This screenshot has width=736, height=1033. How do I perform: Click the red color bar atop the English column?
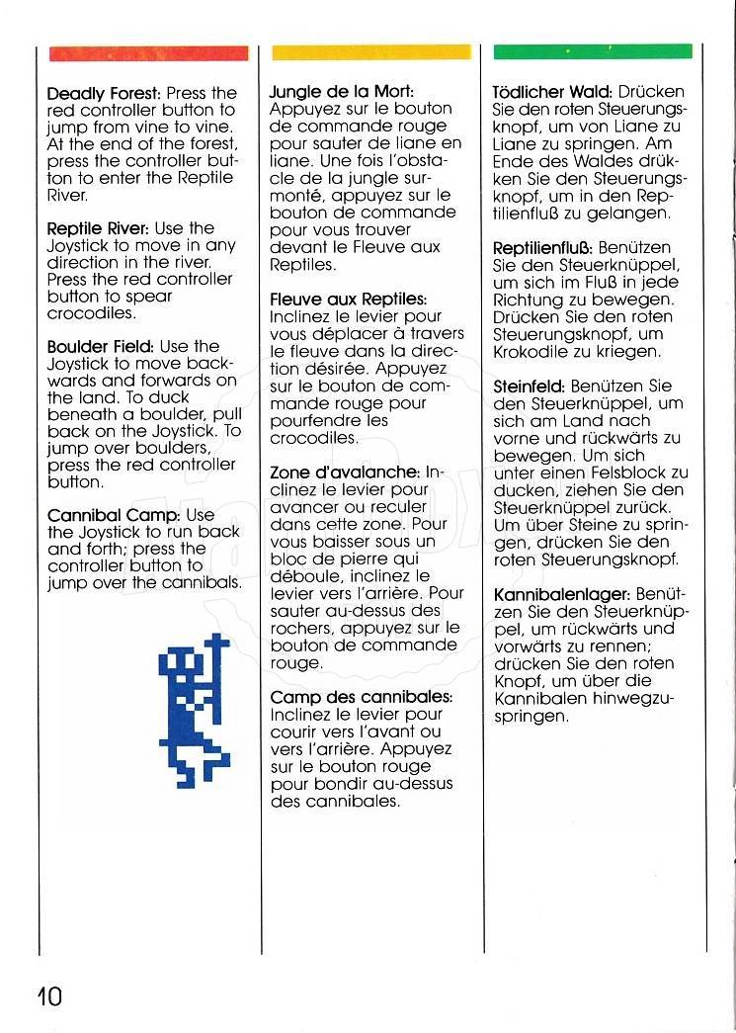pyautogui.click(x=148, y=52)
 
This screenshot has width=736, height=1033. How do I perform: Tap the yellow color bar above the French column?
pyautogui.click(x=370, y=52)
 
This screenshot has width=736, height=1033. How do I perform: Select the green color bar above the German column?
pyautogui.click(x=592, y=50)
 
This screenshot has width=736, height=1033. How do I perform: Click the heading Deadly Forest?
pyautogui.click(x=104, y=94)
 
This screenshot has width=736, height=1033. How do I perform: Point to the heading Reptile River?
pyautogui.click(x=99, y=228)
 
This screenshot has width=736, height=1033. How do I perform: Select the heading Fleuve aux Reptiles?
pyautogui.click(x=348, y=299)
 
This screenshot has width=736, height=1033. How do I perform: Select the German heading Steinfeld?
pyautogui.click(x=529, y=385)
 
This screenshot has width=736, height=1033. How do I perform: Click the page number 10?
pyautogui.click(x=47, y=995)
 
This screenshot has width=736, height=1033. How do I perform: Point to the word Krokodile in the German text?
pyautogui.click(x=532, y=351)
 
